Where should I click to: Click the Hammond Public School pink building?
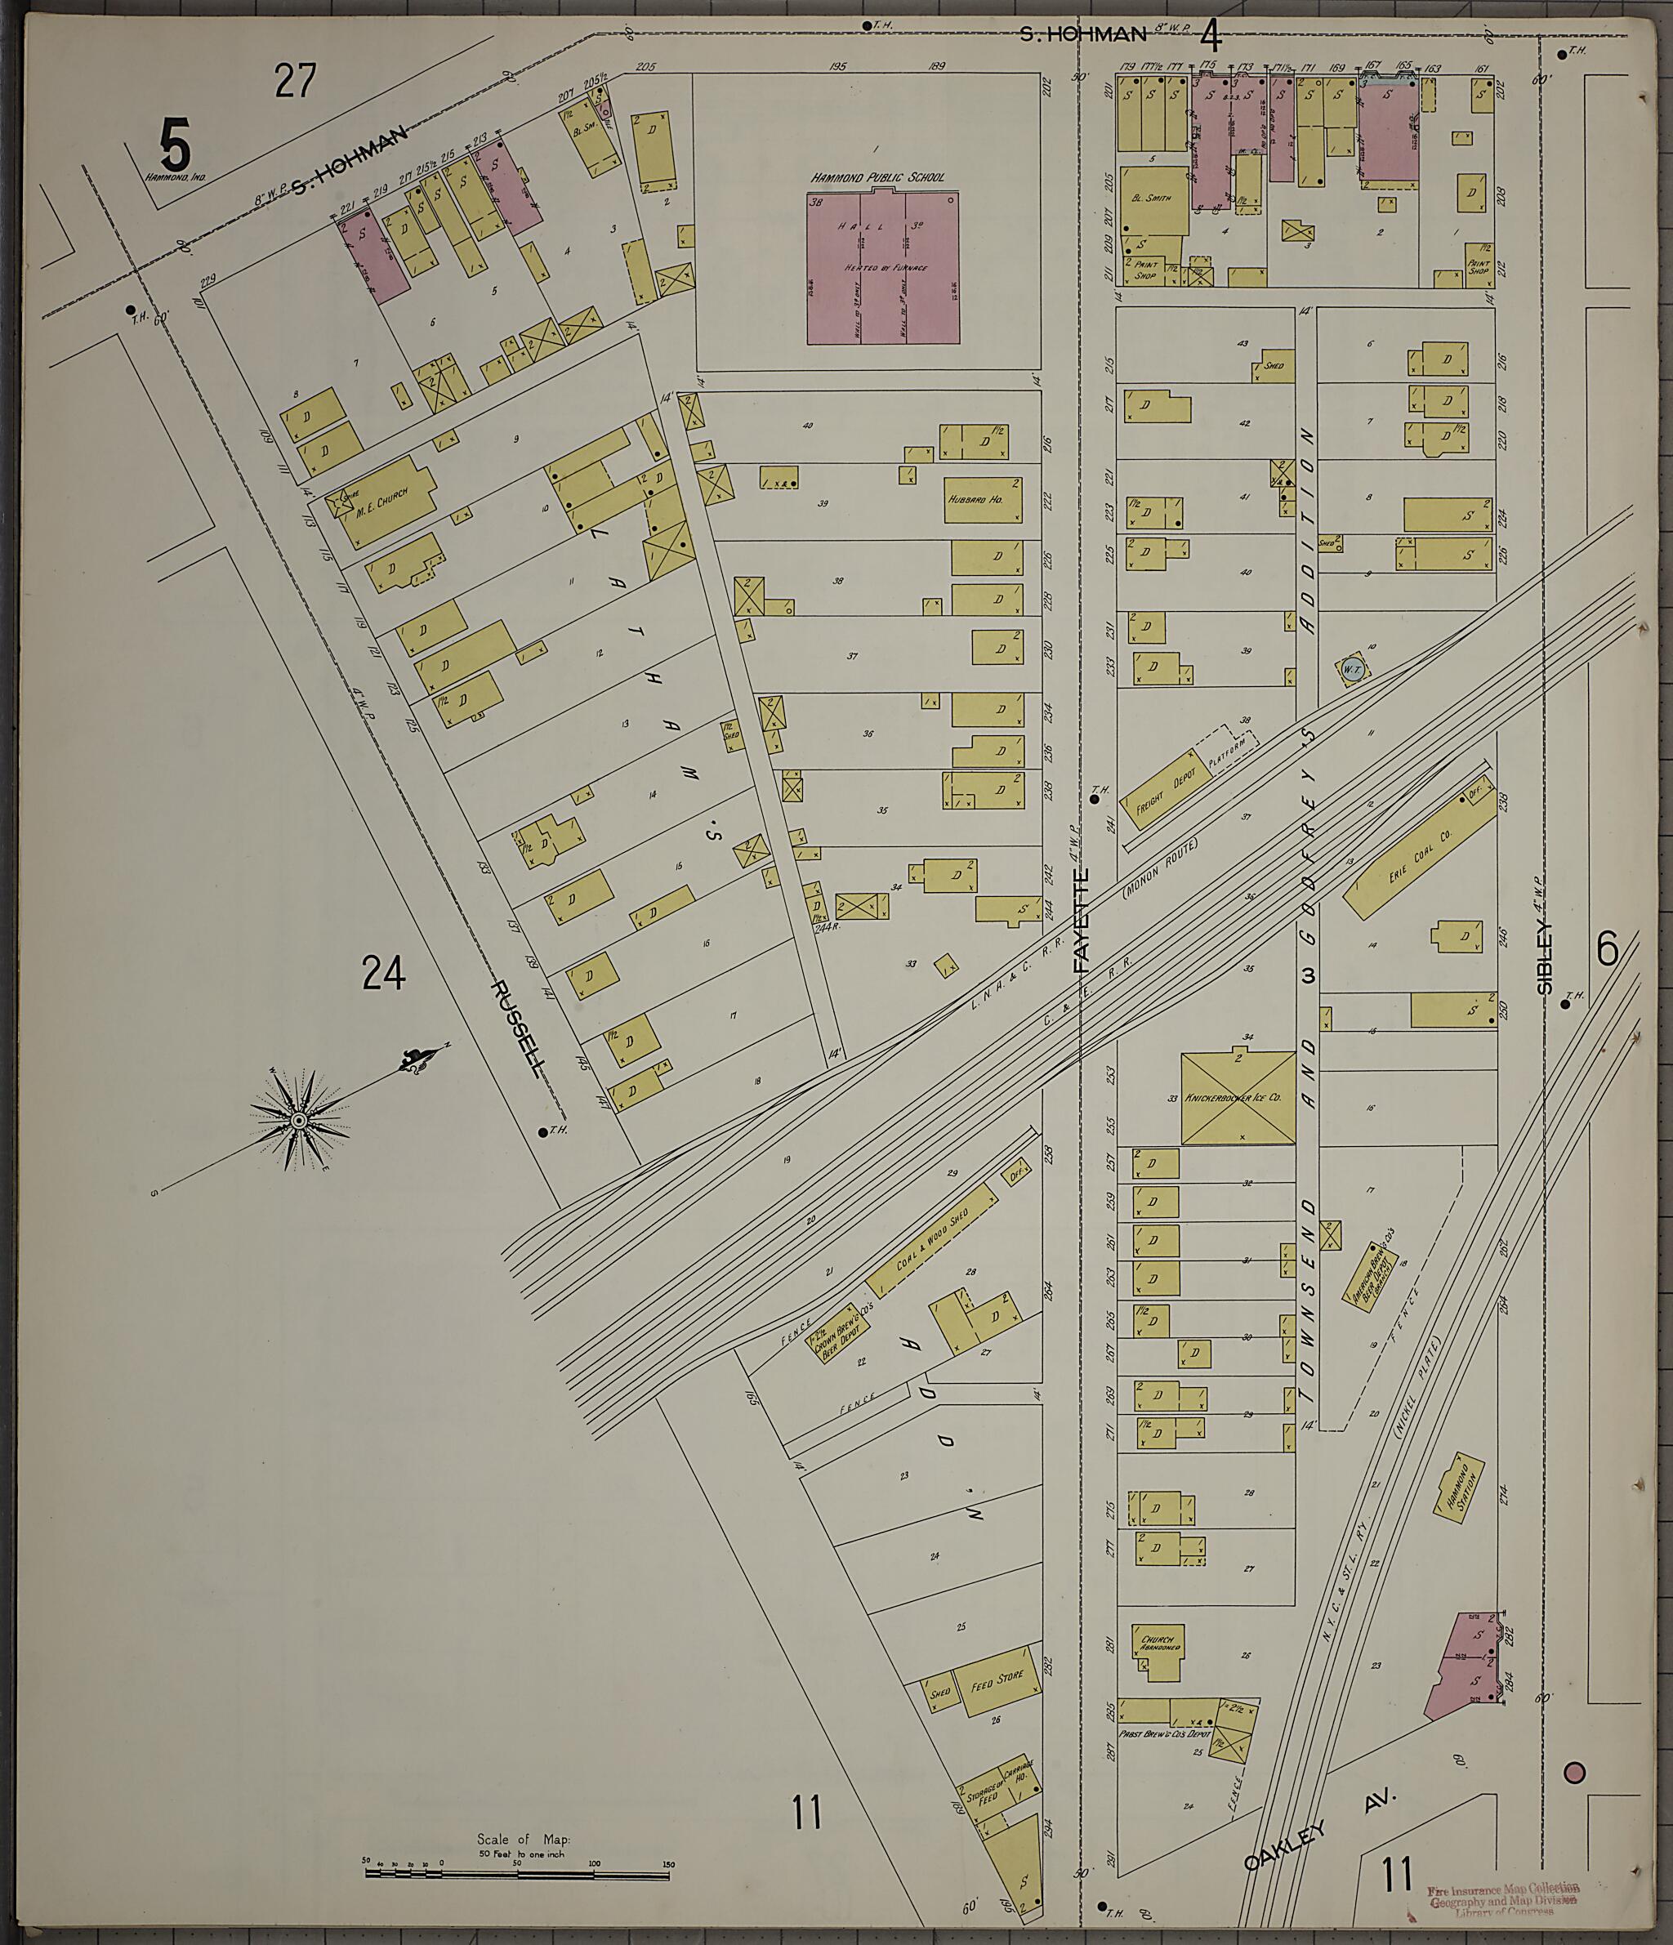click(883, 268)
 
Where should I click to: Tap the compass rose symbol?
click(298, 1121)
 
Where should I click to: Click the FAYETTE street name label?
click(1082, 920)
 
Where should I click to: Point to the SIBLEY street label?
click(1545, 956)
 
